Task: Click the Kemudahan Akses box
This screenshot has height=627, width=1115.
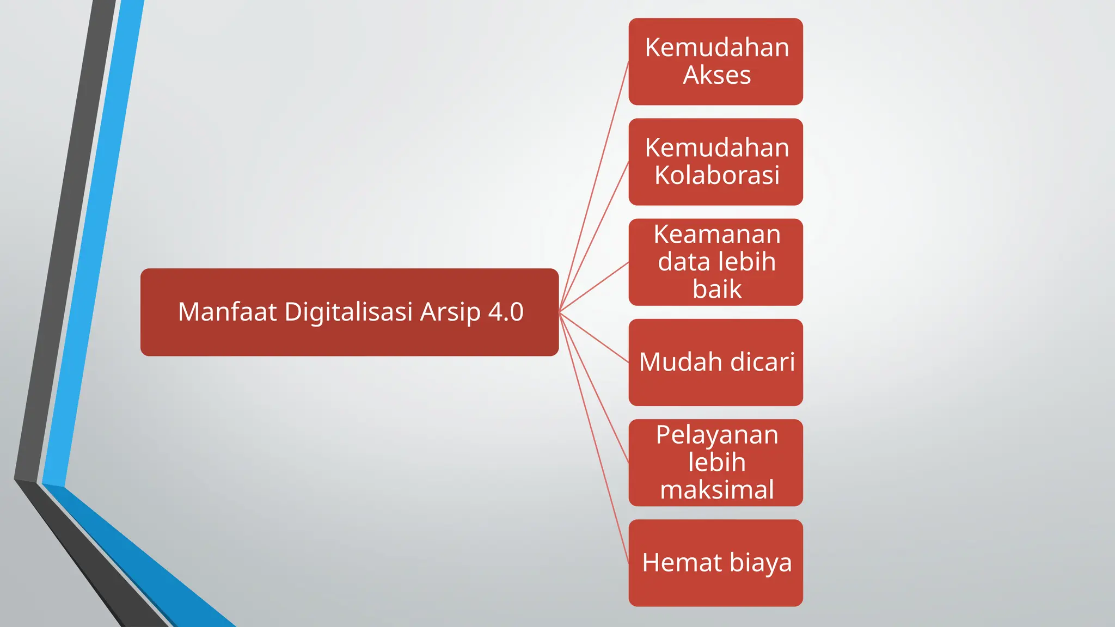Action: tap(715, 62)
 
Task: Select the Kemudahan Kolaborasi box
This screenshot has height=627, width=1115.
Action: tap(715, 162)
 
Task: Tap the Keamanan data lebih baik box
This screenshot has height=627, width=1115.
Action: tap(715, 262)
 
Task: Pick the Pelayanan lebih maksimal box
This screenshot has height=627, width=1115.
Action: tap(715, 462)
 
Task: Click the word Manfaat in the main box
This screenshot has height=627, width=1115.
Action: tap(227, 312)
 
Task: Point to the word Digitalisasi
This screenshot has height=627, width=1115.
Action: tap(348, 312)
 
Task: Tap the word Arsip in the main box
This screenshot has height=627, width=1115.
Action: tap(450, 312)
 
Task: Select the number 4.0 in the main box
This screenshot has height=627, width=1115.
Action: tap(506, 312)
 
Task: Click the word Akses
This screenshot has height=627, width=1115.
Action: tap(717, 75)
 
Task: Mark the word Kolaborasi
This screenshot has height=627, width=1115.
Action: tap(717, 175)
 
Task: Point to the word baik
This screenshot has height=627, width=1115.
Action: tap(717, 289)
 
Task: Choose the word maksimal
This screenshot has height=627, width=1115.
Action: tap(717, 489)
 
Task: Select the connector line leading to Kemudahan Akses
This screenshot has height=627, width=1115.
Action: tap(594, 187)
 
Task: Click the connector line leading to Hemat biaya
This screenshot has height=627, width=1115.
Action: tap(594, 438)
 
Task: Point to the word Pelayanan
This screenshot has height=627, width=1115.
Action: tap(717, 435)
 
